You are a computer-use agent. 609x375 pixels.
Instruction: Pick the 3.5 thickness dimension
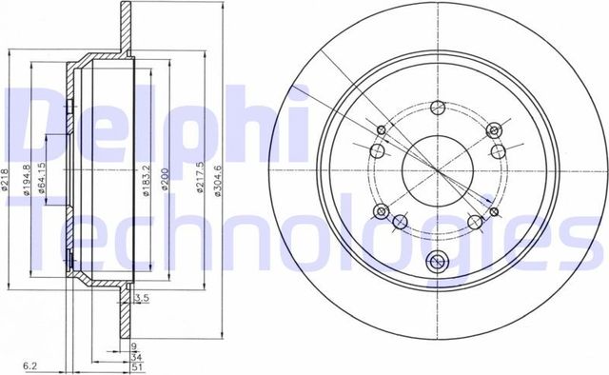click(x=143, y=299)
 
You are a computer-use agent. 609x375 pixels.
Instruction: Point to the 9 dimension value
click(x=136, y=345)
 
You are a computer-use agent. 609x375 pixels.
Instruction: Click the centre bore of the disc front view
click(x=437, y=169)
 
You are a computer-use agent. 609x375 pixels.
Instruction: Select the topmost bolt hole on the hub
click(x=437, y=107)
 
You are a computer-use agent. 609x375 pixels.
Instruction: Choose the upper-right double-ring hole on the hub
click(x=493, y=129)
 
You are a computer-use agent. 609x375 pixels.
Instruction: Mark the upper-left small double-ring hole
click(x=382, y=130)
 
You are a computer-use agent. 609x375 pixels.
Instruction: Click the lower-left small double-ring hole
click(x=382, y=210)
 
